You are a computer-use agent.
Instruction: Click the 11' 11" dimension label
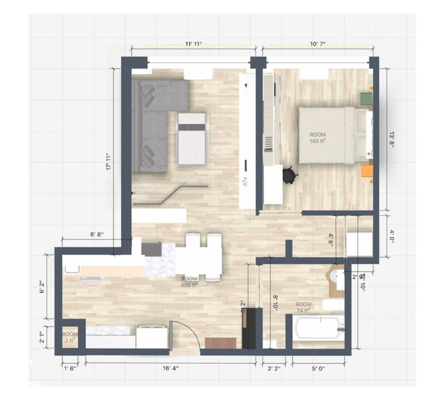193,44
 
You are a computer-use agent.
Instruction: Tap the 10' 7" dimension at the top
317,44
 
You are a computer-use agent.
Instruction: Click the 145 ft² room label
317,138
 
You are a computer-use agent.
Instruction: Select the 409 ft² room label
189,282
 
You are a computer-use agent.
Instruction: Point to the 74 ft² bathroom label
304,307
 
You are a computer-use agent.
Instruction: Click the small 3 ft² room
70,337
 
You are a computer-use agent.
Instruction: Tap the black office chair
290,175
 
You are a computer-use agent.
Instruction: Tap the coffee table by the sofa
192,138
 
